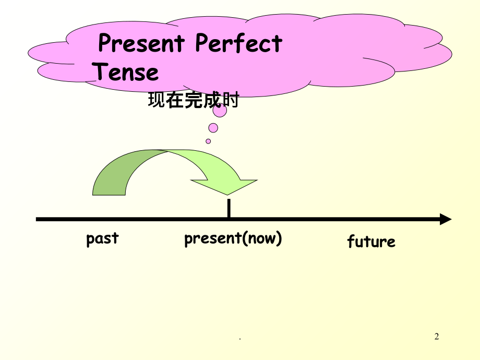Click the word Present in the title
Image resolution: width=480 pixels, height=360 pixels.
141,44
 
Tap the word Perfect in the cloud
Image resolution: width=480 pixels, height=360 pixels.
238,44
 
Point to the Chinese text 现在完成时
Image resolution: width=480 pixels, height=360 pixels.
193,100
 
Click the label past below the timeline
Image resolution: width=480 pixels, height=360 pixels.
102,239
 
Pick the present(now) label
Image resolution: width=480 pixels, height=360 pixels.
233,239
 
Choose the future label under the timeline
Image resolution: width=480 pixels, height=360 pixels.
371,242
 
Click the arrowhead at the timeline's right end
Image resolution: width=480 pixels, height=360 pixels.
445,219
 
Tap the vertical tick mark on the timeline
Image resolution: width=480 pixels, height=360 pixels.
229,208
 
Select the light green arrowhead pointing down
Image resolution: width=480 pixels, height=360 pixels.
224,186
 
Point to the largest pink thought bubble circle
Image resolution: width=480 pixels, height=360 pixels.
220,111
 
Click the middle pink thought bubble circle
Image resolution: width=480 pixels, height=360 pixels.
213,127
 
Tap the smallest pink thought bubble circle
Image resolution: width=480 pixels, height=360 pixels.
208,141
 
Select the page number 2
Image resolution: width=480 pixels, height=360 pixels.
437,337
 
